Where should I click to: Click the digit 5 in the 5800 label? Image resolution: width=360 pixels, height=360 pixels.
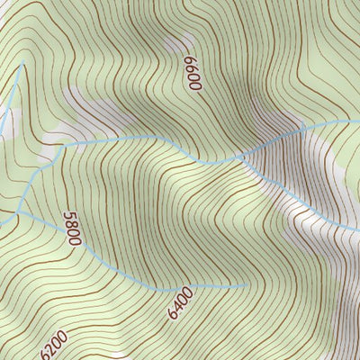click(67, 217)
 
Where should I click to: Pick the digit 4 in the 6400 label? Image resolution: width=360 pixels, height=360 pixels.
click(177, 306)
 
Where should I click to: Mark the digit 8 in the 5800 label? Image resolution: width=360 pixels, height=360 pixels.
click(71, 225)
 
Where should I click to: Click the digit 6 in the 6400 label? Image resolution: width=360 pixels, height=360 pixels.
click(171, 314)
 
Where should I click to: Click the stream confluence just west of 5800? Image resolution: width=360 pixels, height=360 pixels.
click(18, 216)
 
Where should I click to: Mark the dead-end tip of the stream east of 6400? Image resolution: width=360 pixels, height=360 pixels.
click(246, 285)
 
